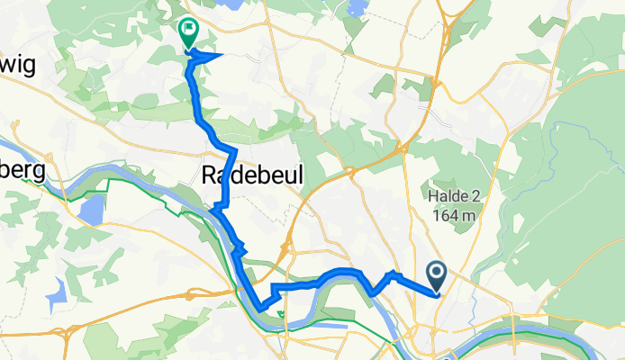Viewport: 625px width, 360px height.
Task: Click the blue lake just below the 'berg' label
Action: (x=91, y=211)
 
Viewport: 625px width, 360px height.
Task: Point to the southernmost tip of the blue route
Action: (x=260, y=309)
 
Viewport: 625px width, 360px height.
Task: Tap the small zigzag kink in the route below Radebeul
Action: (x=239, y=248)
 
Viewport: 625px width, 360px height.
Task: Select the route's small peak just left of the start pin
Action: (x=392, y=272)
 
